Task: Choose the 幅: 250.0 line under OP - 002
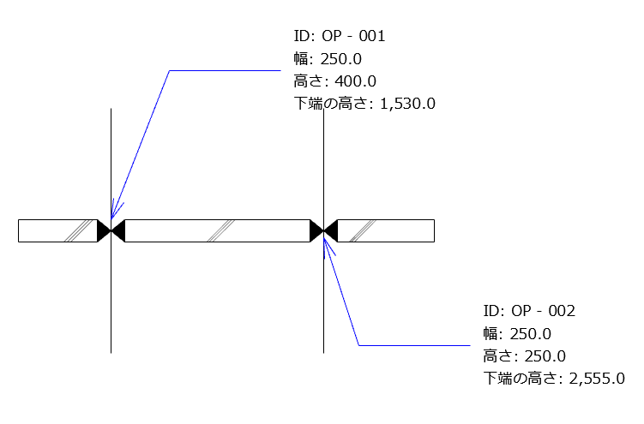pyautogui.click(x=517, y=333)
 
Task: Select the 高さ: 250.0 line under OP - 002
pyautogui.click(x=525, y=355)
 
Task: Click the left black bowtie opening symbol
pyautogui.click(x=111, y=230)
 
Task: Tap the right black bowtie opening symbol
pyautogui.click(x=323, y=230)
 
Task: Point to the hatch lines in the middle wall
pyautogui.click(x=221, y=230)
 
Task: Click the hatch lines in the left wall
pyautogui.click(x=80, y=230)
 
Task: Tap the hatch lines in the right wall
pyautogui.click(x=364, y=230)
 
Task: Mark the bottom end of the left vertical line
pyautogui.click(x=111, y=351)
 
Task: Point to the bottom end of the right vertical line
pyautogui.click(x=323, y=351)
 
